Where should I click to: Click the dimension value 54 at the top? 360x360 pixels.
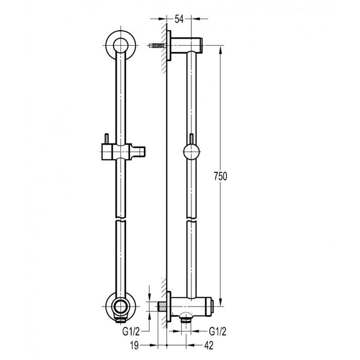click(179, 20)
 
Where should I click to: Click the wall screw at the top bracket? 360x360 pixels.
click(157, 46)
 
